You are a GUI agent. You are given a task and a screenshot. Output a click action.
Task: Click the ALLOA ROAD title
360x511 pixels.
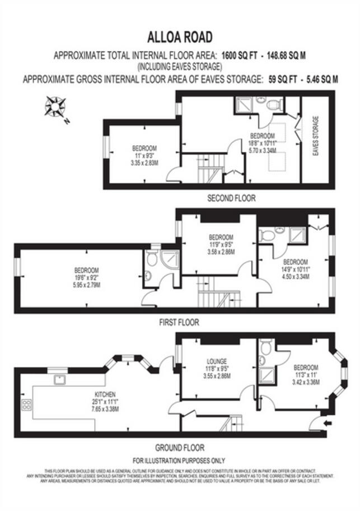pos(180,38)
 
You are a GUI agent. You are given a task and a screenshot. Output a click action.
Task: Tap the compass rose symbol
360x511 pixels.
pos(55,106)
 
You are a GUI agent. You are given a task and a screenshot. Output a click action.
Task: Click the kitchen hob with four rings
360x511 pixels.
pos(27,406)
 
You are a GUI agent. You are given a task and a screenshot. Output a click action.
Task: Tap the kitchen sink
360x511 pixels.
pos(59,379)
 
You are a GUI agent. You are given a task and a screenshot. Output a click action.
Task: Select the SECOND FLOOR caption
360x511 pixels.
pos(231,198)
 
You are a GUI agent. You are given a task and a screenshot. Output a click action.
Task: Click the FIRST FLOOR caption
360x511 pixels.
pos(179,323)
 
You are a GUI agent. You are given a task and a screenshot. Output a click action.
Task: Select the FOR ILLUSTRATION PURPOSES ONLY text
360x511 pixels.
pos(180,461)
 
